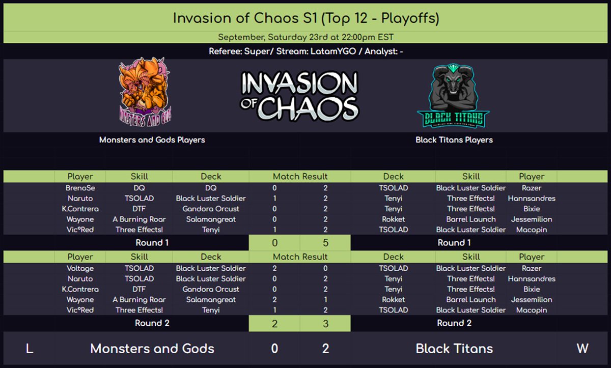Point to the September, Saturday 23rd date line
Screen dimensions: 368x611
coord(305,37)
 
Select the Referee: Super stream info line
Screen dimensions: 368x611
coord(305,51)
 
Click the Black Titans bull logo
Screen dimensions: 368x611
coord(453,96)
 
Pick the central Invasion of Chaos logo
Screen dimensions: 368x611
coord(300,96)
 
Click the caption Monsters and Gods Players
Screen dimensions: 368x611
coord(152,139)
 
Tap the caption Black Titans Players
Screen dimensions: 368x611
coord(454,139)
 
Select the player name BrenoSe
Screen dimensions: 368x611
coord(80,188)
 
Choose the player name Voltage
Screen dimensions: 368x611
coord(80,268)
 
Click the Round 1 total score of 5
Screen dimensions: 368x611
coord(325,243)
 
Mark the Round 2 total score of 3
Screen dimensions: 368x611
coord(325,323)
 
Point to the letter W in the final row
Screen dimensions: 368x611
coord(582,349)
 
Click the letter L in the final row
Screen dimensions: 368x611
coord(29,349)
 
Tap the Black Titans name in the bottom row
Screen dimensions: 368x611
coord(454,349)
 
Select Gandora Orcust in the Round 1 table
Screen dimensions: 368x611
coord(211,209)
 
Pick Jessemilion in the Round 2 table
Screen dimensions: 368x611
coord(532,300)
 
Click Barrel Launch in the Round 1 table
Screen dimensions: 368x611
coord(471,219)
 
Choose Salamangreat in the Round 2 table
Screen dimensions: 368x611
coord(211,300)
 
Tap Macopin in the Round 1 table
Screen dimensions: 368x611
coord(532,230)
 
